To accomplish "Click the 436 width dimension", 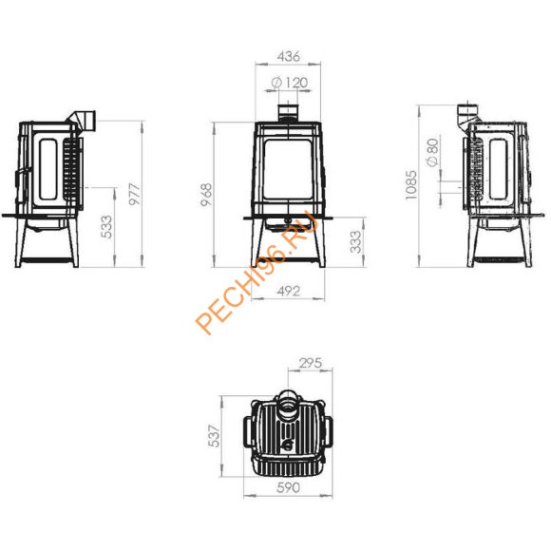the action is click(x=288, y=57).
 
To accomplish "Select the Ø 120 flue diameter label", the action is click(x=290, y=83).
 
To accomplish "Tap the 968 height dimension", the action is click(x=206, y=195).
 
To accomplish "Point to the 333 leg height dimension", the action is click(x=355, y=241).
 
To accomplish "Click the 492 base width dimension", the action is click(x=289, y=292).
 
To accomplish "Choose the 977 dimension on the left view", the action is click(x=135, y=194).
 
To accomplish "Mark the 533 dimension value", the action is click(x=106, y=227).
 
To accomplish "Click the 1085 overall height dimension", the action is click(x=410, y=185).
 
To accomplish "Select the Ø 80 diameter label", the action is click(x=432, y=152).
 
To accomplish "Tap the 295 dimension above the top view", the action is click(x=311, y=363).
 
